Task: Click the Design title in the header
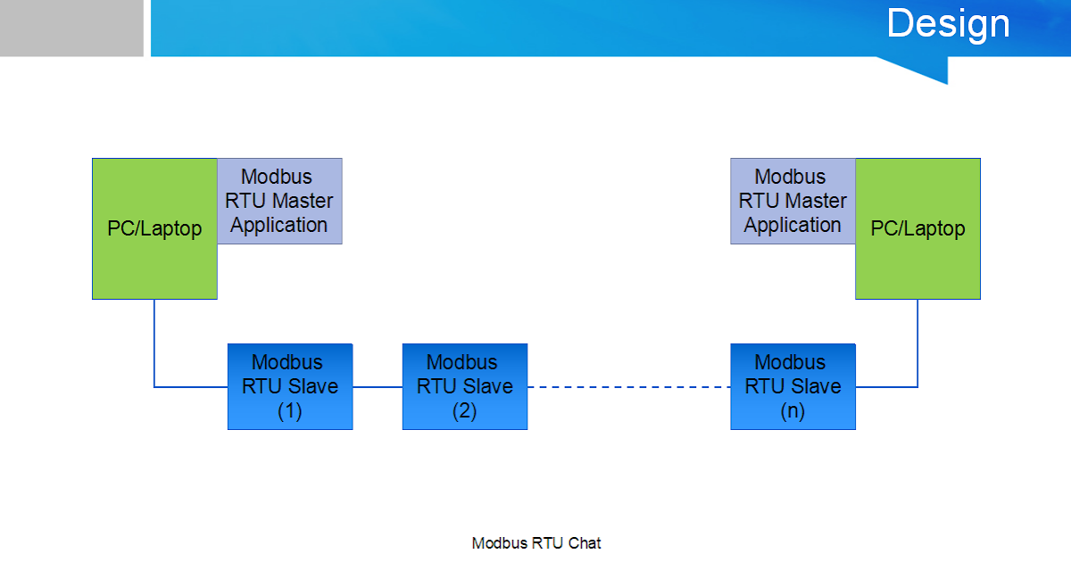pyautogui.click(x=948, y=24)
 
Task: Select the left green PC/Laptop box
pyautogui.click(x=154, y=228)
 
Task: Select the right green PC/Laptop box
pyautogui.click(x=917, y=228)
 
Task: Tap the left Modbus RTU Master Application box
pyautogui.click(x=279, y=201)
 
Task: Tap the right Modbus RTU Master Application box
pyautogui.click(x=793, y=201)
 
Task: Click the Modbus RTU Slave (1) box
pyautogui.click(x=290, y=386)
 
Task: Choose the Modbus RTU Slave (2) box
pyautogui.click(x=465, y=386)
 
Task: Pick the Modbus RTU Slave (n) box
pyautogui.click(x=793, y=386)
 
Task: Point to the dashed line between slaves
pyautogui.click(x=628, y=387)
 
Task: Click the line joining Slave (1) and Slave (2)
pyautogui.click(x=378, y=387)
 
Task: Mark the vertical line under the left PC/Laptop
pyautogui.click(x=154, y=343)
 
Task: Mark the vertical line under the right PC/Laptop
pyautogui.click(x=917, y=343)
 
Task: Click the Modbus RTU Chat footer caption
pyautogui.click(x=536, y=543)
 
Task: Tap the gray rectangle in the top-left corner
pyautogui.click(x=71, y=28)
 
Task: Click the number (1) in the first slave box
pyautogui.click(x=290, y=412)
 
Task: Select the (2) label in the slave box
pyautogui.click(x=465, y=412)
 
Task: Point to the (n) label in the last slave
pyautogui.click(x=793, y=412)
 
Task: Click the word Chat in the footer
pyautogui.click(x=585, y=543)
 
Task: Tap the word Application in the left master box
pyautogui.click(x=279, y=225)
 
